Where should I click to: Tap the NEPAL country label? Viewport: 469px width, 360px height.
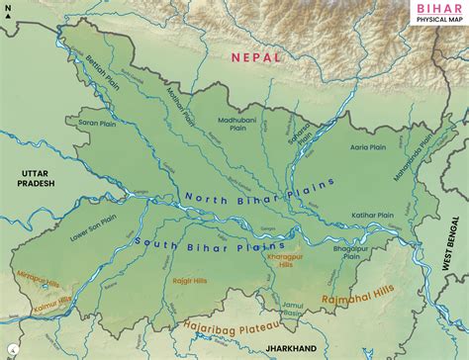[x=256, y=57]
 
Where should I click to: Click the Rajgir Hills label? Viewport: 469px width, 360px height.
[x=185, y=282]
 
